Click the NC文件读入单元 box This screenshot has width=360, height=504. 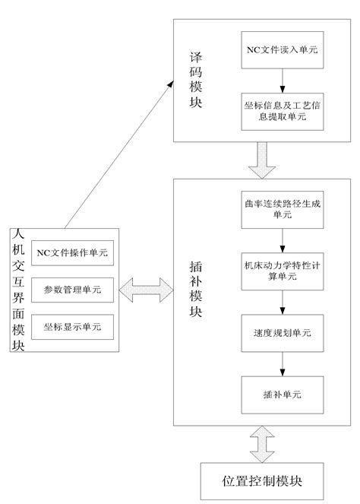(x=282, y=51)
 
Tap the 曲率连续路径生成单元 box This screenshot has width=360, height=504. (x=282, y=211)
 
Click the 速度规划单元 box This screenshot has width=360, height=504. (x=282, y=333)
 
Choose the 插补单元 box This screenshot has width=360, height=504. (x=282, y=395)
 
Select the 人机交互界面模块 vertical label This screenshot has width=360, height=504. (x=18, y=290)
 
